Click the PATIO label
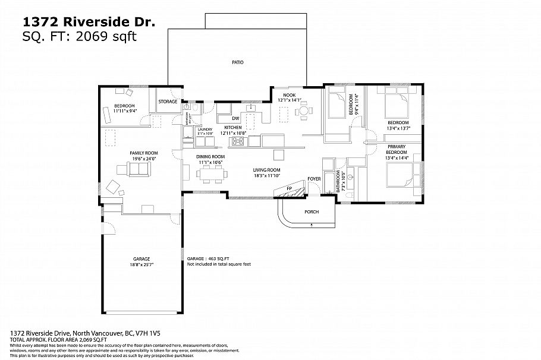coord(237,62)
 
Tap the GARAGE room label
coord(141,258)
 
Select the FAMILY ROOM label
coord(143,153)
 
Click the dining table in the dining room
coord(210,174)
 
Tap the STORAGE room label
coord(168,102)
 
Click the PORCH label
coord(311,212)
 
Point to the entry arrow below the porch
coord(312,225)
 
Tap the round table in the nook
coord(303,110)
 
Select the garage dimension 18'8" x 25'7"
coord(141,265)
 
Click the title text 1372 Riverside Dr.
coord(89,21)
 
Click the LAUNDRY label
coord(205,129)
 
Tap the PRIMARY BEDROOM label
coord(397,149)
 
